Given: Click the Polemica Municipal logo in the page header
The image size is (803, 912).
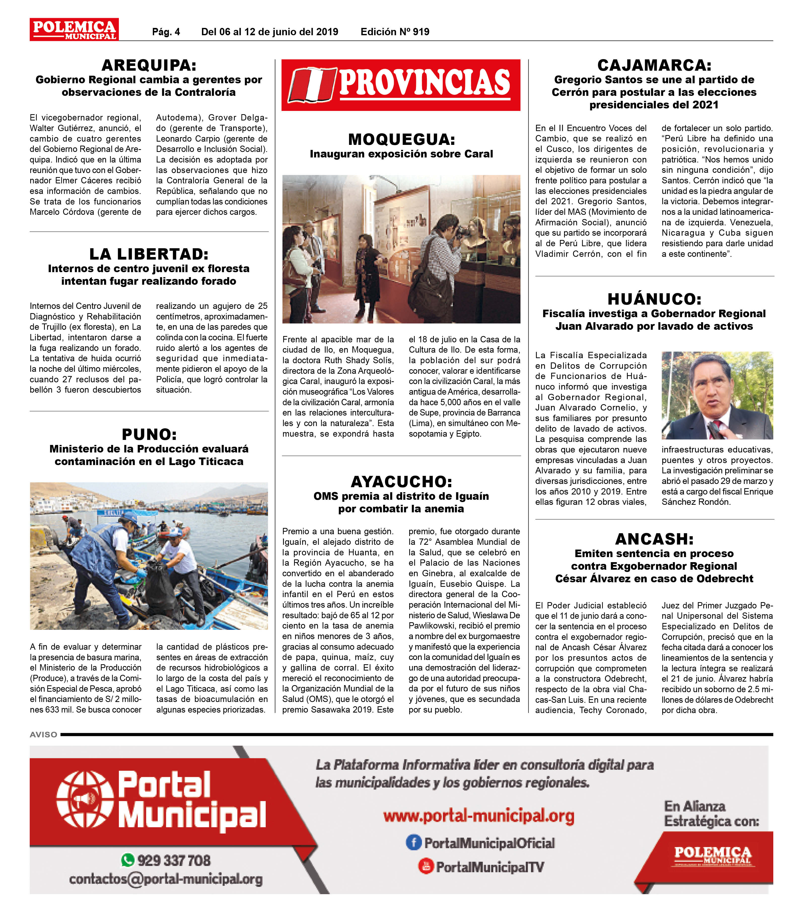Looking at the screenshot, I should point(74,29).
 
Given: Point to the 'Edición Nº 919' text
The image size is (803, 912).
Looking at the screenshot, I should point(395,32).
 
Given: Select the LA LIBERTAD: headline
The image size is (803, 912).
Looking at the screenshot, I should point(149,254).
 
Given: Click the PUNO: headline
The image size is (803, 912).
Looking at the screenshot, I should point(149,434).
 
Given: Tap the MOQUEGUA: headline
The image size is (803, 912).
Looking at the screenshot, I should point(401,139).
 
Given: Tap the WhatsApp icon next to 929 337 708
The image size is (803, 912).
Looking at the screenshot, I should point(127,860).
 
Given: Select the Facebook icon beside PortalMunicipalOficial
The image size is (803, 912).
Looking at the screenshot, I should point(413,842).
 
